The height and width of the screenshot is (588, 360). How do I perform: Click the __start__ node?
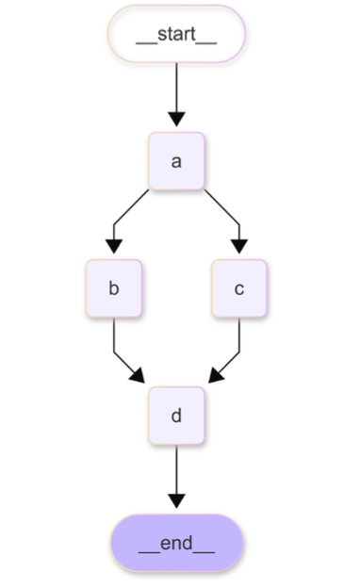point(176,35)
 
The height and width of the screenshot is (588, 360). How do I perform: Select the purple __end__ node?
point(176,543)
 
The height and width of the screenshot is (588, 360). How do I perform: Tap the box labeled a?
point(176,161)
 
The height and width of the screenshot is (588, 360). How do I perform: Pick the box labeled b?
point(113,288)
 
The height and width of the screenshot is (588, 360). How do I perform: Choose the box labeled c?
point(239,288)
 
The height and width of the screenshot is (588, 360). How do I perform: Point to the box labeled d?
point(176,416)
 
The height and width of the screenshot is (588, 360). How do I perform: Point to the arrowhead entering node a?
point(176,120)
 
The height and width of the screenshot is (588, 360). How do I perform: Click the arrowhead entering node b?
point(113,247)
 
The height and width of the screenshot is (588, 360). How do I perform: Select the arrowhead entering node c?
point(239,247)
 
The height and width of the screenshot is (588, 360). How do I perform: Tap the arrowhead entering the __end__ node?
point(176,501)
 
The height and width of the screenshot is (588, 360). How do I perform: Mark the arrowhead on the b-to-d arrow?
point(138,376)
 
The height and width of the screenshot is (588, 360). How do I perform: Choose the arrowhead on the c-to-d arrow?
point(216,376)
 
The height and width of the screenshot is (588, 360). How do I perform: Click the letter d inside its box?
point(176,416)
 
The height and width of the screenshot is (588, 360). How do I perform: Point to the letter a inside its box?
point(176,161)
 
